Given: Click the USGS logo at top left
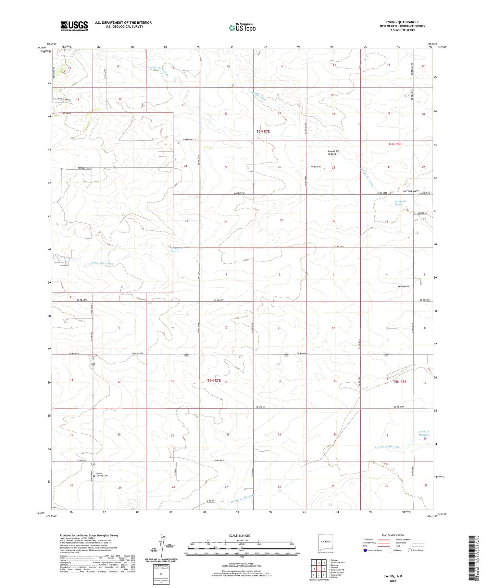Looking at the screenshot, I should pyautogui.click(x=74, y=26).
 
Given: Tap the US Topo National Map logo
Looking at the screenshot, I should pyautogui.click(x=242, y=28).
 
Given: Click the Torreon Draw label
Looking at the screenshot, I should pyautogui.click(x=411, y=191).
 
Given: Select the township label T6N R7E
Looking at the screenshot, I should pyautogui.click(x=263, y=131).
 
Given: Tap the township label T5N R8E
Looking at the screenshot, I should pyautogui.click(x=400, y=382).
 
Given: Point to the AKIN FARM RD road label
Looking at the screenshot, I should pyautogui.click(x=404, y=286).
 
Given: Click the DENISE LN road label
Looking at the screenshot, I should pyautogui.click(x=421, y=213).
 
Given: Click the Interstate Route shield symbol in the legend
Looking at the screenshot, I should pyautogui.click(x=366, y=550).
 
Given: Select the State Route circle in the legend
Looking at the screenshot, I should pyautogui.click(x=410, y=550).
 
